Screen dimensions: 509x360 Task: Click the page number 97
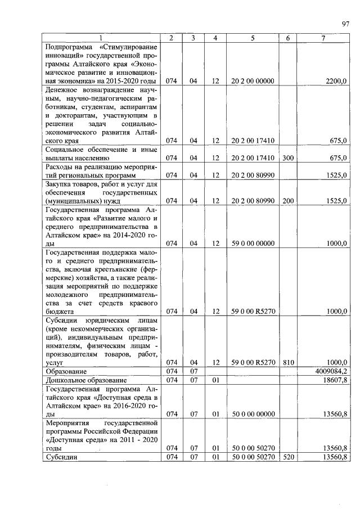click(x=345, y=24)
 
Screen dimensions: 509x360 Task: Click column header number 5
click(x=253, y=38)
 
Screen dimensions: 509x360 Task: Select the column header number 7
click(x=323, y=38)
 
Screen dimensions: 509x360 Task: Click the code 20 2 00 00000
click(x=253, y=81)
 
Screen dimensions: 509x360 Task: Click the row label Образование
click(x=66, y=372)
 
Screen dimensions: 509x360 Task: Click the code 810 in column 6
click(x=287, y=363)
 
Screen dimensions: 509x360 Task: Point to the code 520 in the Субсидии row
click(x=287, y=457)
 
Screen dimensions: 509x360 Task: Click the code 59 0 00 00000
click(x=253, y=244)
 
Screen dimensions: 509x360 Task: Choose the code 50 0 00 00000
click(x=253, y=414)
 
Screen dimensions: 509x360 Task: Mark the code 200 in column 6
click(x=287, y=201)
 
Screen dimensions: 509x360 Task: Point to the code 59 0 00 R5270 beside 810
click(x=253, y=363)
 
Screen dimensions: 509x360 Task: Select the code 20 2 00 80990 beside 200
click(x=253, y=201)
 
